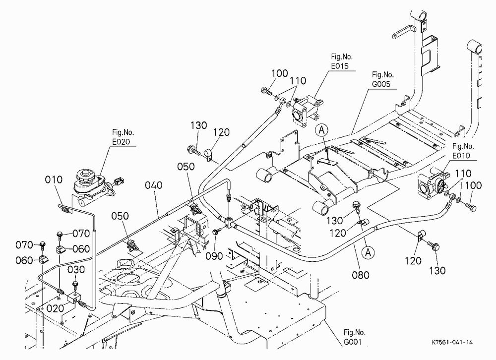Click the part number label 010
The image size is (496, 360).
coord(54,180)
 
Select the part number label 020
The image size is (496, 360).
coord(56,308)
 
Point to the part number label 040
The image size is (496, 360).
coord(154,185)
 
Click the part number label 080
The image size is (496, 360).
coord(361,275)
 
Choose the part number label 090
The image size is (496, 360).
coord(214,256)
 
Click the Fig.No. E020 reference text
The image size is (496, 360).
coord(121,137)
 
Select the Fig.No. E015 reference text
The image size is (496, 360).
coord(341,61)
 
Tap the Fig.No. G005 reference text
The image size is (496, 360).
coord(382,79)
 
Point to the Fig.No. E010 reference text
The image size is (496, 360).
coord(463,151)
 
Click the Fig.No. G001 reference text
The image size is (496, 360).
coord(354,337)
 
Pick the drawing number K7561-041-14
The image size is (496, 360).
coord(452,342)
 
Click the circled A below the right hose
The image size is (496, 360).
coord(368,252)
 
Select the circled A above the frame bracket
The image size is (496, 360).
coord(322,130)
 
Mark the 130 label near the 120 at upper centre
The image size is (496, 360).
coord(198,125)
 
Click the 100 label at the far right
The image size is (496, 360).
coord(473,185)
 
